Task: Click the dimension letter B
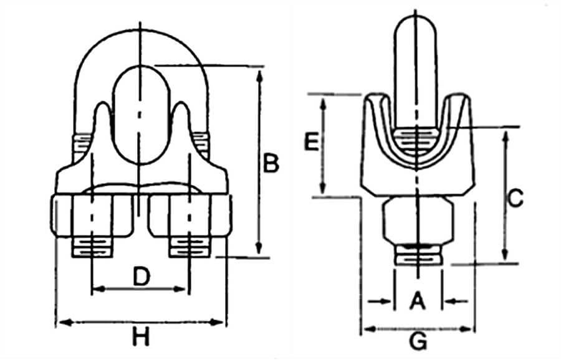click(x=270, y=164)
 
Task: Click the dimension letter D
click(x=142, y=276)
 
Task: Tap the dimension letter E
click(x=310, y=143)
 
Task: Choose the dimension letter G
click(x=420, y=341)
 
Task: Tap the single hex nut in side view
click(x=418, y=222)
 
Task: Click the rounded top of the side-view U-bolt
click(x=416, y=31)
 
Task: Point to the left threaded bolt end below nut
click(x=93, y=247)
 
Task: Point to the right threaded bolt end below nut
click(x=188, y=247)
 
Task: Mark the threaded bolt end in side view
click(x=418, y=256)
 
